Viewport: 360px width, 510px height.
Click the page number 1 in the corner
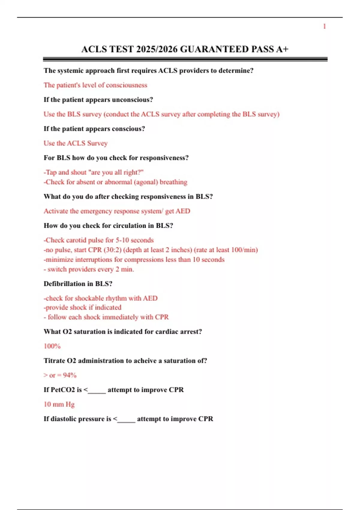point(324,26)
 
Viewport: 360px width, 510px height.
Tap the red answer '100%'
point(52,346)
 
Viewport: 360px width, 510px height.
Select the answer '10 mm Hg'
point(59,404)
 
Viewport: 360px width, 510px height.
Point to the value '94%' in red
point(70,375)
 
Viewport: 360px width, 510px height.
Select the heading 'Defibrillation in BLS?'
point(78,284)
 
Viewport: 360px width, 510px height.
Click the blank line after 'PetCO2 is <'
point(97,390)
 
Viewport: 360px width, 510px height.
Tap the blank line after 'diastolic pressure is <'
point(126,419)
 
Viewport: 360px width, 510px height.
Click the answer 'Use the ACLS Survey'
point(76,143)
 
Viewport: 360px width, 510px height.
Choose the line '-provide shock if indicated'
point(82,307)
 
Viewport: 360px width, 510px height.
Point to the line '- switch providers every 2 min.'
point(89,269)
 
